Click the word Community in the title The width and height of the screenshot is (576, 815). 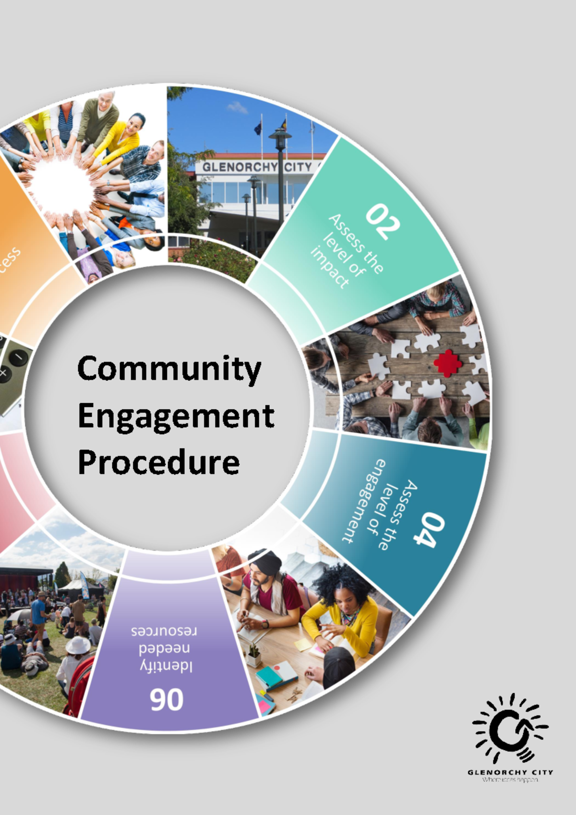(169, 369)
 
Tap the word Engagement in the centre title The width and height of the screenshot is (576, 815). (176, 417)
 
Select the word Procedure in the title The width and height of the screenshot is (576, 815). (158, 462)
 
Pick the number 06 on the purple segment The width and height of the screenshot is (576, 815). (167, 700)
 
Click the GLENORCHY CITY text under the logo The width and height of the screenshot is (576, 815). (510, 772)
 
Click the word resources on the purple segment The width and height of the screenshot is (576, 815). (164, 631)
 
